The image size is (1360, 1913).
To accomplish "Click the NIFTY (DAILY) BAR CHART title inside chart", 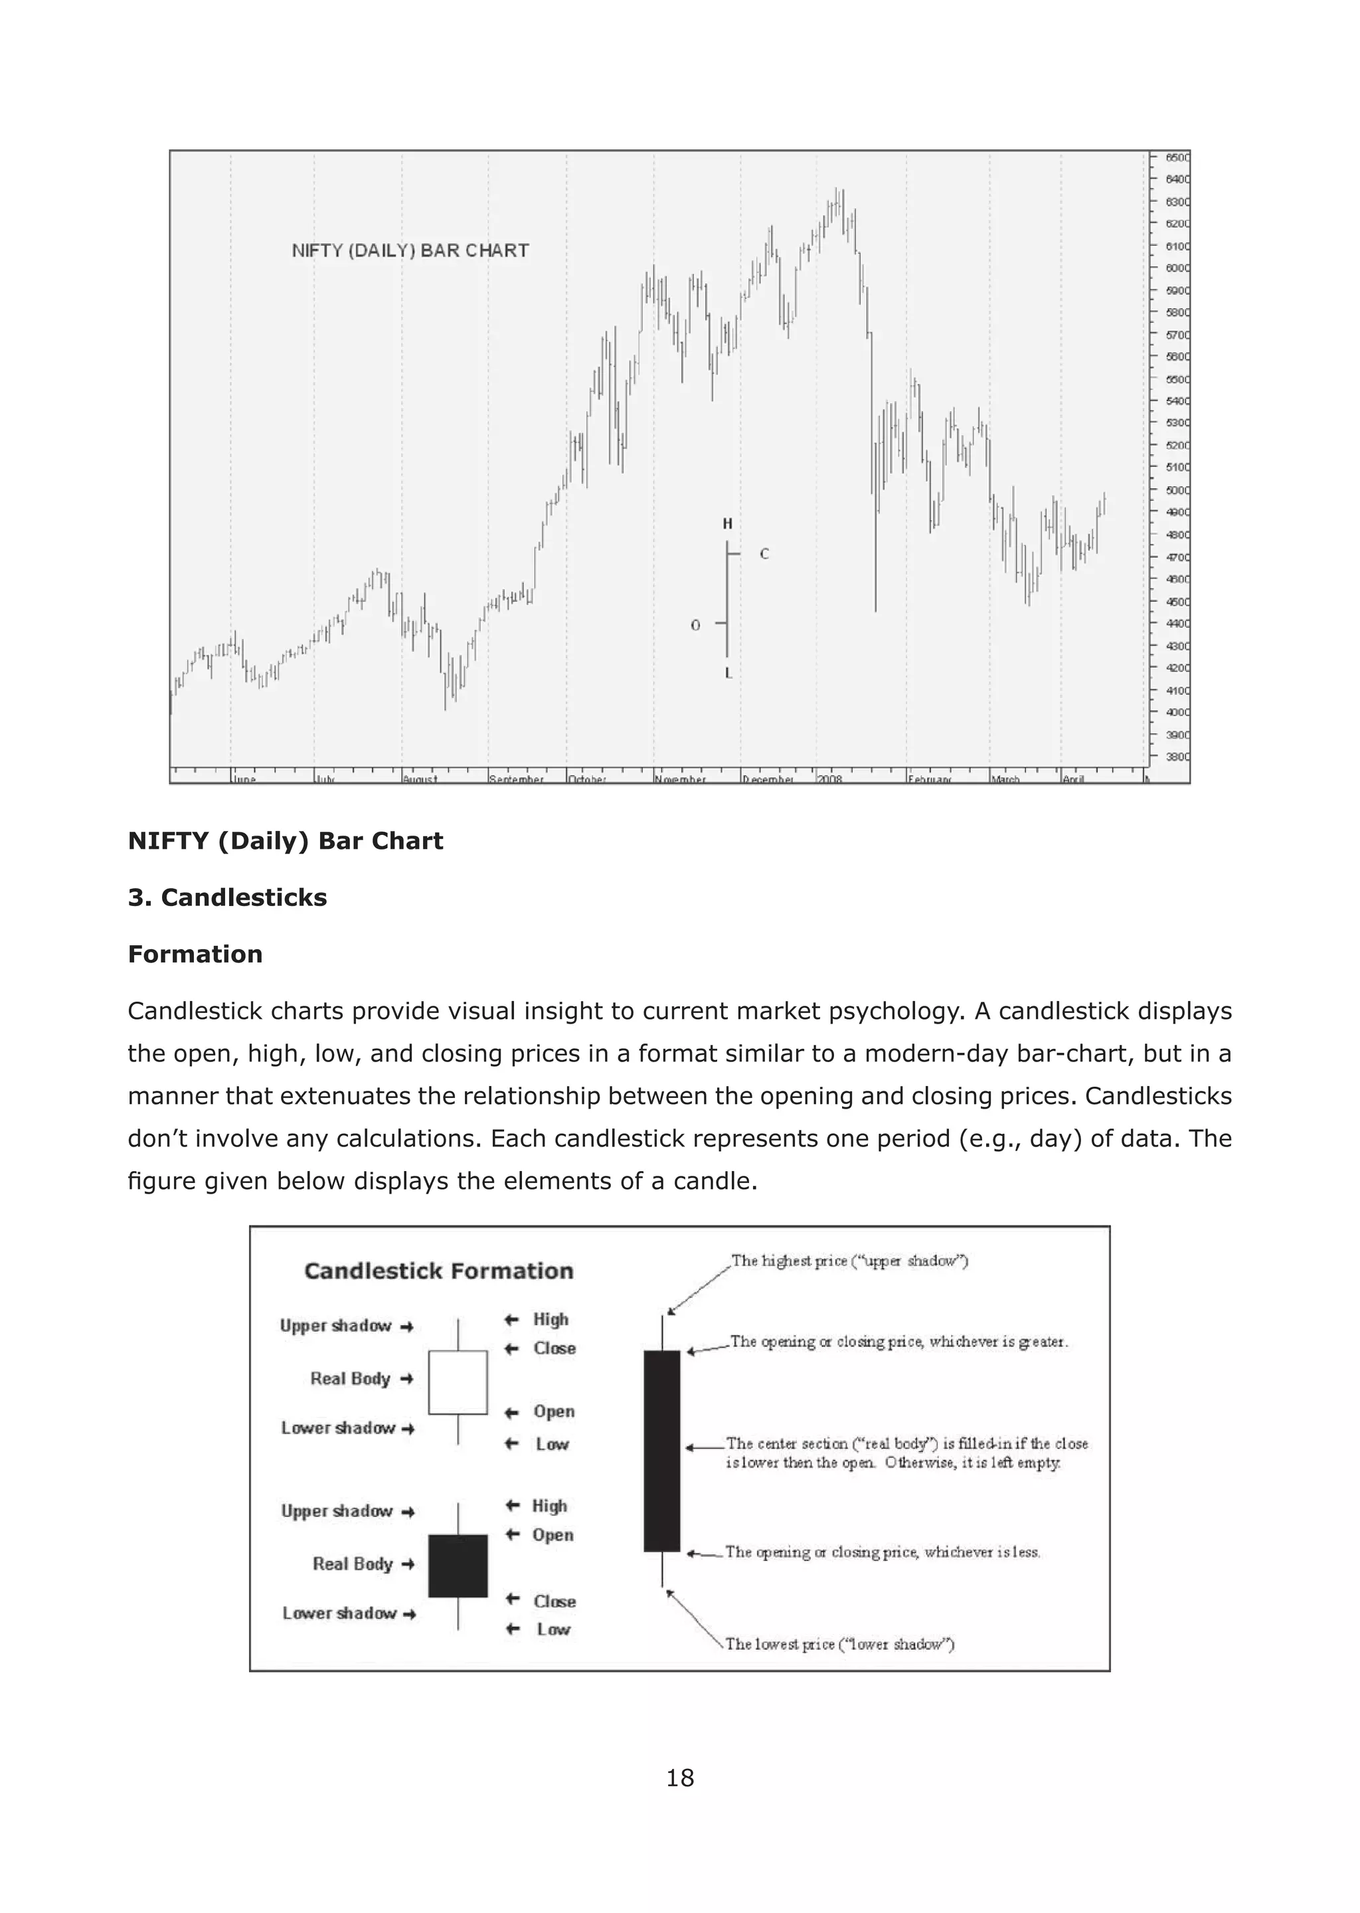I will pyautogui.click(x=410, y=250).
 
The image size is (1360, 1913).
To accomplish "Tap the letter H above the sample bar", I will pyautogui.click(x=727, y=524).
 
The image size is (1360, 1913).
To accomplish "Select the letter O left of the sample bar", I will pyautogui.click(x=695, y=626).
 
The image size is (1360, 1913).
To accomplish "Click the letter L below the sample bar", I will pyautogui.click(x=728, y=674).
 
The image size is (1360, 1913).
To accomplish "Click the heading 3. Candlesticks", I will pyautogui.click(x=227, y=897).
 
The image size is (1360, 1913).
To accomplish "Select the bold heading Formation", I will pyautogui.click(x=195, y=954).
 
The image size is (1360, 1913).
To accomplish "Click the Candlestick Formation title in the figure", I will pyautogui.click(x=439, y=1271).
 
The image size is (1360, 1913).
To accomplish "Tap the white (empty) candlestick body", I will pyautogui.click(x=458, y=1382).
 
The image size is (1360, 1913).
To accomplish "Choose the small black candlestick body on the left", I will pyautogui.click(x=458, y=1566).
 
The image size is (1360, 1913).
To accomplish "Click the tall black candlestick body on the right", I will pyautogui.click(x=661, y=1451).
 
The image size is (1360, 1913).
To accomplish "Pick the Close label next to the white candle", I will pyautogui.click(x=554, y=1348).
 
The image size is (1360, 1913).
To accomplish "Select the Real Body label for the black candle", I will pyautogui.click(x=353, y=1564).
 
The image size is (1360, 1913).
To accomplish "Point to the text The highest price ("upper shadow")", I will pyautogui.click(x=849, y=1261).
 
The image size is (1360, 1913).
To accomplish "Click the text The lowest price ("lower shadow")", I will pyautogui.click(x=839, y=1644).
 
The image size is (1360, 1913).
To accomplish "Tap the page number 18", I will pyautogui.click(x=679, y=1777).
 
